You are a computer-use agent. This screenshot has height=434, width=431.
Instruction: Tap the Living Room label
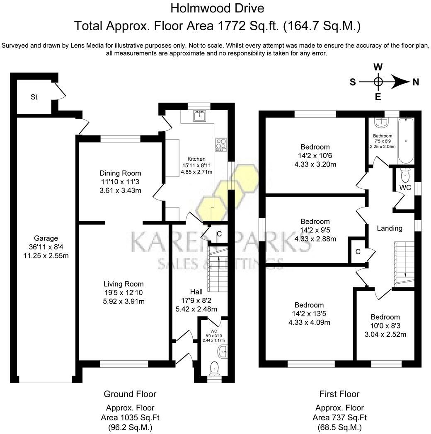[x=123, y=284]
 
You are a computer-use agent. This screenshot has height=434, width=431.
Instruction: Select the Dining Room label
[x=120, y=173]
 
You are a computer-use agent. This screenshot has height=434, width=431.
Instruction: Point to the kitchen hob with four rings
[x=221, y=144]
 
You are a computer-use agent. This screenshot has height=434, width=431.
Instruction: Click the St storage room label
[x=34, y=97]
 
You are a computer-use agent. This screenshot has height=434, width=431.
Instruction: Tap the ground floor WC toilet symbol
[x=214, y=367]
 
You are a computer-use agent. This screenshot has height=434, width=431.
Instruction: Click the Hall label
[x=196, y=292]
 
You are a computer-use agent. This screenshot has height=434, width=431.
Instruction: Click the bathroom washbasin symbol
[x=380, y=122]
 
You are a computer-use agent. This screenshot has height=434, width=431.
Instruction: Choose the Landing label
[x=389, y=228]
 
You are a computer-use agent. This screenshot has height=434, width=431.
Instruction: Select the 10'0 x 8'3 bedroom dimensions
[x=385, y=326]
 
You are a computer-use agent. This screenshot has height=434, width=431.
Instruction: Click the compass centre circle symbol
[x=378, y=82]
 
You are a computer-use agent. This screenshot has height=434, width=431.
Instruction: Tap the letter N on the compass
[x=415, y=82]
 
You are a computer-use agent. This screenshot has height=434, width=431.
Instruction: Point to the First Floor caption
[x=339, y=394]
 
